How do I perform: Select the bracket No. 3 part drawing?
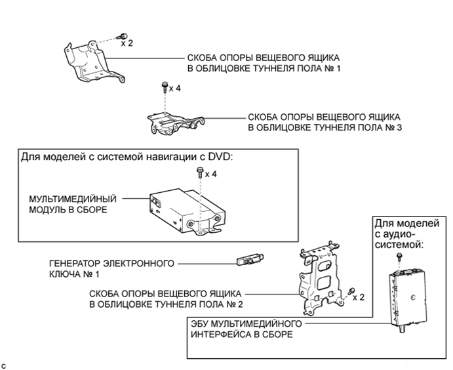pos(175,122)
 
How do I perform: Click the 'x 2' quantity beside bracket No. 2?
pos(359,297)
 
